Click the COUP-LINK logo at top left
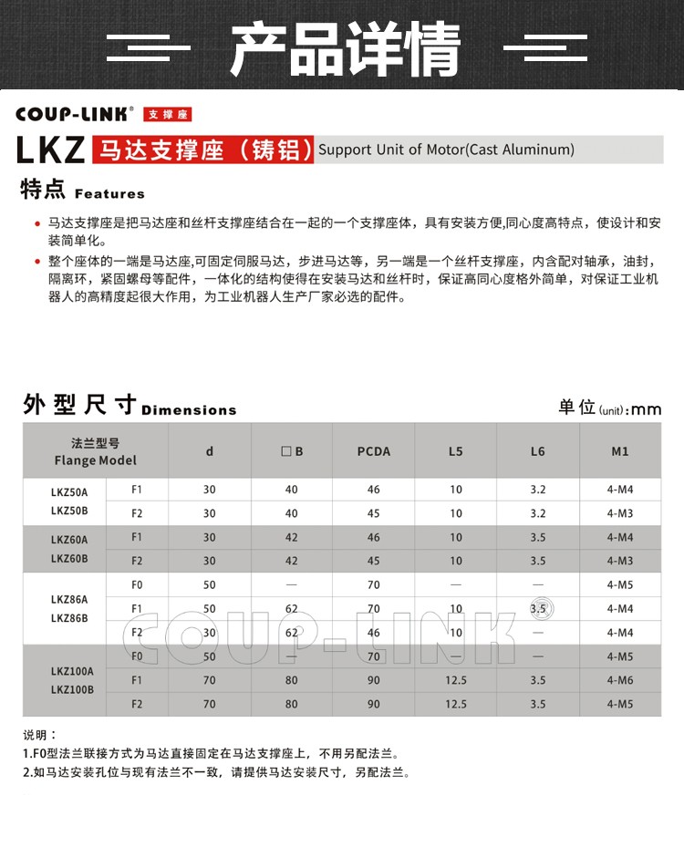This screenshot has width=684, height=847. pos(75,114)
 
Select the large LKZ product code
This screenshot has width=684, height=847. pos(51,150)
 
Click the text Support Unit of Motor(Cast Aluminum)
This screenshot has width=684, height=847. pos(446,150)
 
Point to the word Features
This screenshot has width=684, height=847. pos(109,194)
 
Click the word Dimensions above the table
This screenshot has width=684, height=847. pos(189,410)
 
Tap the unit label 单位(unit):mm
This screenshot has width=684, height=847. pos(609,408)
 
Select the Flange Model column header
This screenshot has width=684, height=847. pos(95,451)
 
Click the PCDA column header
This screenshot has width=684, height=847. pos(373,451)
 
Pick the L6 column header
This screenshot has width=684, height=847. pos(537,451)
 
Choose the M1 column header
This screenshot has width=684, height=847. pos(620,451)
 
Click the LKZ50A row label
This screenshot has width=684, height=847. pos(69,491)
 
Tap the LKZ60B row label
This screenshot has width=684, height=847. pos(69,558)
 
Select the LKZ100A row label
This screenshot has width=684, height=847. pos(72,671)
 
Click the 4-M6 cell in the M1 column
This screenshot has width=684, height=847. pos(620,680)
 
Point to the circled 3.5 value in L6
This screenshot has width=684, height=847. pos(538,608)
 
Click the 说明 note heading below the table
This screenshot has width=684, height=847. pos(40,734)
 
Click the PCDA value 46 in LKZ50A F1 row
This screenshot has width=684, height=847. pos(373,490)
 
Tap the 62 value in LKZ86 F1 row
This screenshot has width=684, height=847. pos(292,608)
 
